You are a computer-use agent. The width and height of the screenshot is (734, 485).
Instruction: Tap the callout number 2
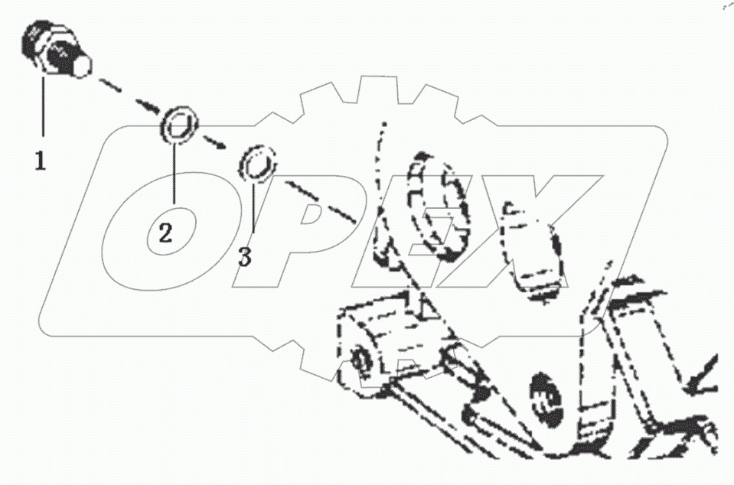[x=165, y=233]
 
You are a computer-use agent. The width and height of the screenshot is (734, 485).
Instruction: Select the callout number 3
[x=245, y=257]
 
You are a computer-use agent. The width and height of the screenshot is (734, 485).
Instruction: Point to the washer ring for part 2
[x=179, y=124]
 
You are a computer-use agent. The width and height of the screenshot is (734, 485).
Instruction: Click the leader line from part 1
[x=44, y=107]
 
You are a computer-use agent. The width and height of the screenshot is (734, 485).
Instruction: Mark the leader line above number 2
[x=175, y=173]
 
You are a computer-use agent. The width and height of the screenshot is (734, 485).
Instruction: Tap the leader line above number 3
[x=254, y=209]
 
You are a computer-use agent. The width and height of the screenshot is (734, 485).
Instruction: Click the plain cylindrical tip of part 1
[x=81, y=66]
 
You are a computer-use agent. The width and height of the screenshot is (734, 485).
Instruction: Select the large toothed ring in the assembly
[x=436, y=207]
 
